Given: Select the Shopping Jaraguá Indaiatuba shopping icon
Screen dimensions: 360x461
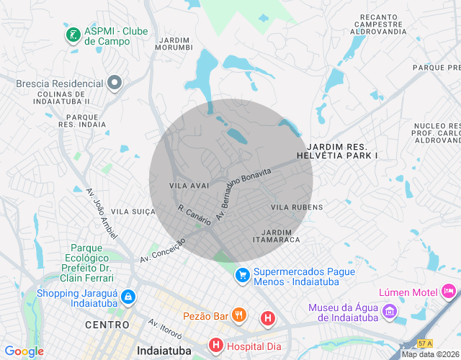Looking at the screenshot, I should click(x=127, y=297).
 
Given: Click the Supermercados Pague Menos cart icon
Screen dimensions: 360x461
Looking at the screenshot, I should click(x=243, y=274).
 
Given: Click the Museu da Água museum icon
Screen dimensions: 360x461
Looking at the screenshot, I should click(x=390, y=312).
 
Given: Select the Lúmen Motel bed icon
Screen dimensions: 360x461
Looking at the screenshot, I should click(x=449, y=292).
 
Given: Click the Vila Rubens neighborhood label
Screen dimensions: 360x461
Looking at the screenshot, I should click(x=297, y=207).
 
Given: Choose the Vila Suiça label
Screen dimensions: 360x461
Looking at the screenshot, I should click(x=134, y=212).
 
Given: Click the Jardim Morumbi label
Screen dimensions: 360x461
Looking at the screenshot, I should click(x=174, y=43).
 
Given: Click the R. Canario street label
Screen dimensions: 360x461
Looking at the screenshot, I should click(x=194, y=214).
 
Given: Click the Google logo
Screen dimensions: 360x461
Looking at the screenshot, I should click(x=24, y=351).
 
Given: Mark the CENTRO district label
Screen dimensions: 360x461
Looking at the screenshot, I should click(x=107, y=325).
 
